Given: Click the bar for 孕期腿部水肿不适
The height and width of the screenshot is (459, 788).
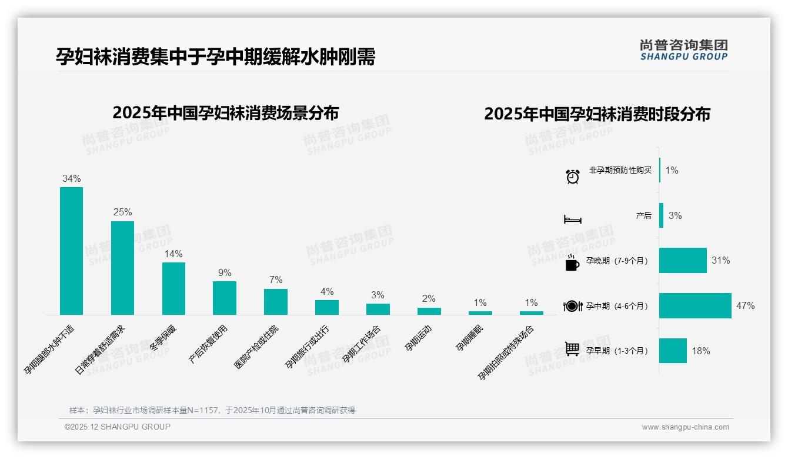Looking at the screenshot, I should click(71, 251).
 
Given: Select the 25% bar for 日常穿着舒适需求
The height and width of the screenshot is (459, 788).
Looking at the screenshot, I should click(122, 268).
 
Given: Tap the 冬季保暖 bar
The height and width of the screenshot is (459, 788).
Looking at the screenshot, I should click(173, 288).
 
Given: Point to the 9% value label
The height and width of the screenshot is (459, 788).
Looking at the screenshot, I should click(225, 273).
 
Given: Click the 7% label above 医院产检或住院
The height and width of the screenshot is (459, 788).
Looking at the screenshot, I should click(276, 280).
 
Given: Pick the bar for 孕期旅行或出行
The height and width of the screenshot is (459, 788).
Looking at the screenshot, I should click(327, 307).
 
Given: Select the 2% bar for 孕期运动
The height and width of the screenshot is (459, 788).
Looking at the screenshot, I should click(429, 311).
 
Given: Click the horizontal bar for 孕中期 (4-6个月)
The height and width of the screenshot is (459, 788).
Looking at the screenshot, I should click(695, 305).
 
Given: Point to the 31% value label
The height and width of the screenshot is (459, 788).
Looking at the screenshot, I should click(721, 260).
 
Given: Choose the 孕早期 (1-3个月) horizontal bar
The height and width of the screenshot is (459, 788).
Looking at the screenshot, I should click(673, 351).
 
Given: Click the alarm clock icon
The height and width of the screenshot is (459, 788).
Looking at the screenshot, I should click(573, 177).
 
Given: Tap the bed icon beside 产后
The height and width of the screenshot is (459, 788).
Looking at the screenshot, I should click(573, 219).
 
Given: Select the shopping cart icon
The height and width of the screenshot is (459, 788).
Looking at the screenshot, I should click(572, 349).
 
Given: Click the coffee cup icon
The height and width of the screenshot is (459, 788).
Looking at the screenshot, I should click(572, 263).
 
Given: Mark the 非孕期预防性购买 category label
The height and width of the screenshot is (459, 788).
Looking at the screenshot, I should click(620, 171).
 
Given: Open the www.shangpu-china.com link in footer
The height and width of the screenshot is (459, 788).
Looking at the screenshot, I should click(685, 427).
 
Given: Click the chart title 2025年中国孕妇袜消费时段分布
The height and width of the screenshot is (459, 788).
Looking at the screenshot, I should click(597, 114).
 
